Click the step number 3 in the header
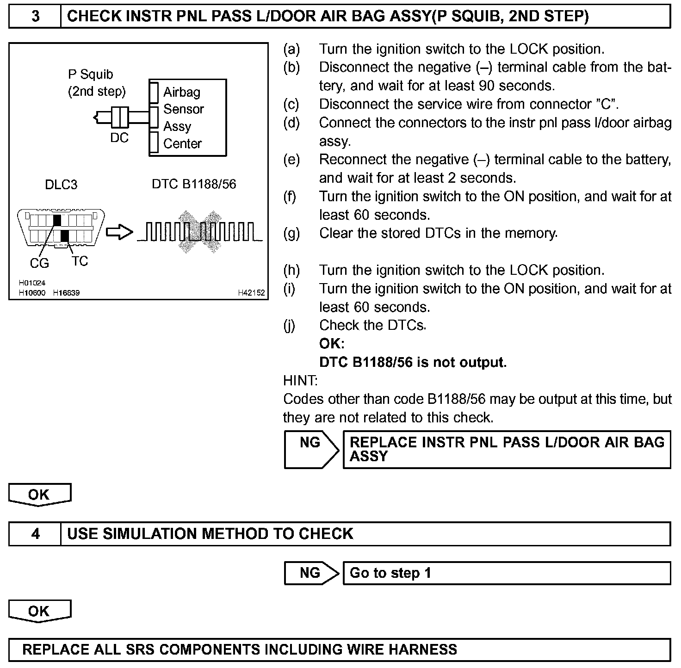coord(35,17)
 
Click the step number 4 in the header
coord(35,534)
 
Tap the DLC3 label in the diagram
coord(61,185)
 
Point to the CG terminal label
coord(39,263)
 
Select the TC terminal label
coord(80,261)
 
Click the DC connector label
coord(119,138)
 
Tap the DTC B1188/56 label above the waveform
coord(194,184)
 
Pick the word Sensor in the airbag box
coord(183,109)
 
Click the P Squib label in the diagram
coord(91,74)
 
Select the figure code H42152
coord(251,293)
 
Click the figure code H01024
coord(32,283)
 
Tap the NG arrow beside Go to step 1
coord(311,573)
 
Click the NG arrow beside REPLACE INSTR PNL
coord(311,449)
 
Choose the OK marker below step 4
coord(39,611)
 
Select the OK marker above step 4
coord(39,495)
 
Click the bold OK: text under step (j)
coord(332,343)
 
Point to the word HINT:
coord(300,381)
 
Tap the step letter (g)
coord(291,233)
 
